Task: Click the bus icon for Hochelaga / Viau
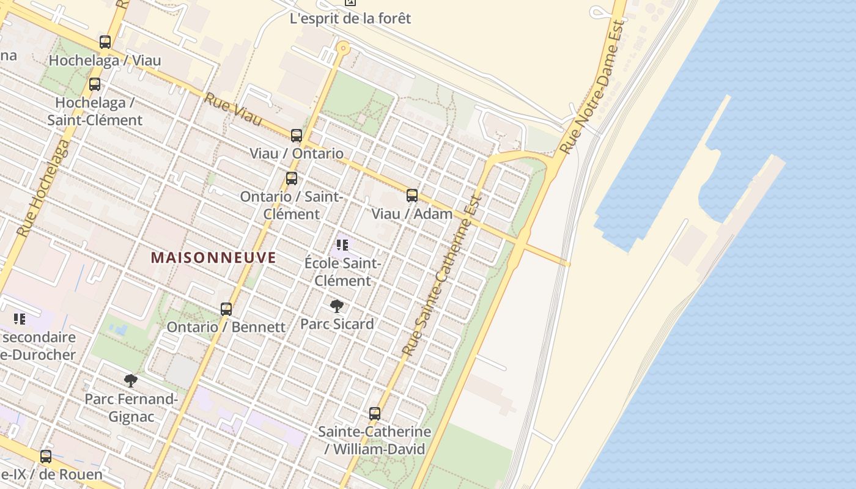tap(105, 42)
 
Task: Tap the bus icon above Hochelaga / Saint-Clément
tap(95, 84)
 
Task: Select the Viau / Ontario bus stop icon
tap(297, 135)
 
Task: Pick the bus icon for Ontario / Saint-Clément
tap(292, 178)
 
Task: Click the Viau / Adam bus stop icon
tap(412, 196)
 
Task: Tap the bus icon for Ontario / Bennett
tap(226, 309)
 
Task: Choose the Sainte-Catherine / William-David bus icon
tap(375, 414)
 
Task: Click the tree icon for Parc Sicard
tap(336, 306)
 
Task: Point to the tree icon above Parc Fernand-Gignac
tap(131, 381)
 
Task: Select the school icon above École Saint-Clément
tap(342, 245)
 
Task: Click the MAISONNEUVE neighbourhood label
tap(213, 257)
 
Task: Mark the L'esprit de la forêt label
tap(350, 18)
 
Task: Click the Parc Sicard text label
tap(337, 324)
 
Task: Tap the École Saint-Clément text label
tap(342, 272)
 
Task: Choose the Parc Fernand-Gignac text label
tap(131, 408)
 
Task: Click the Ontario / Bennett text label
tap(226, 327)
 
